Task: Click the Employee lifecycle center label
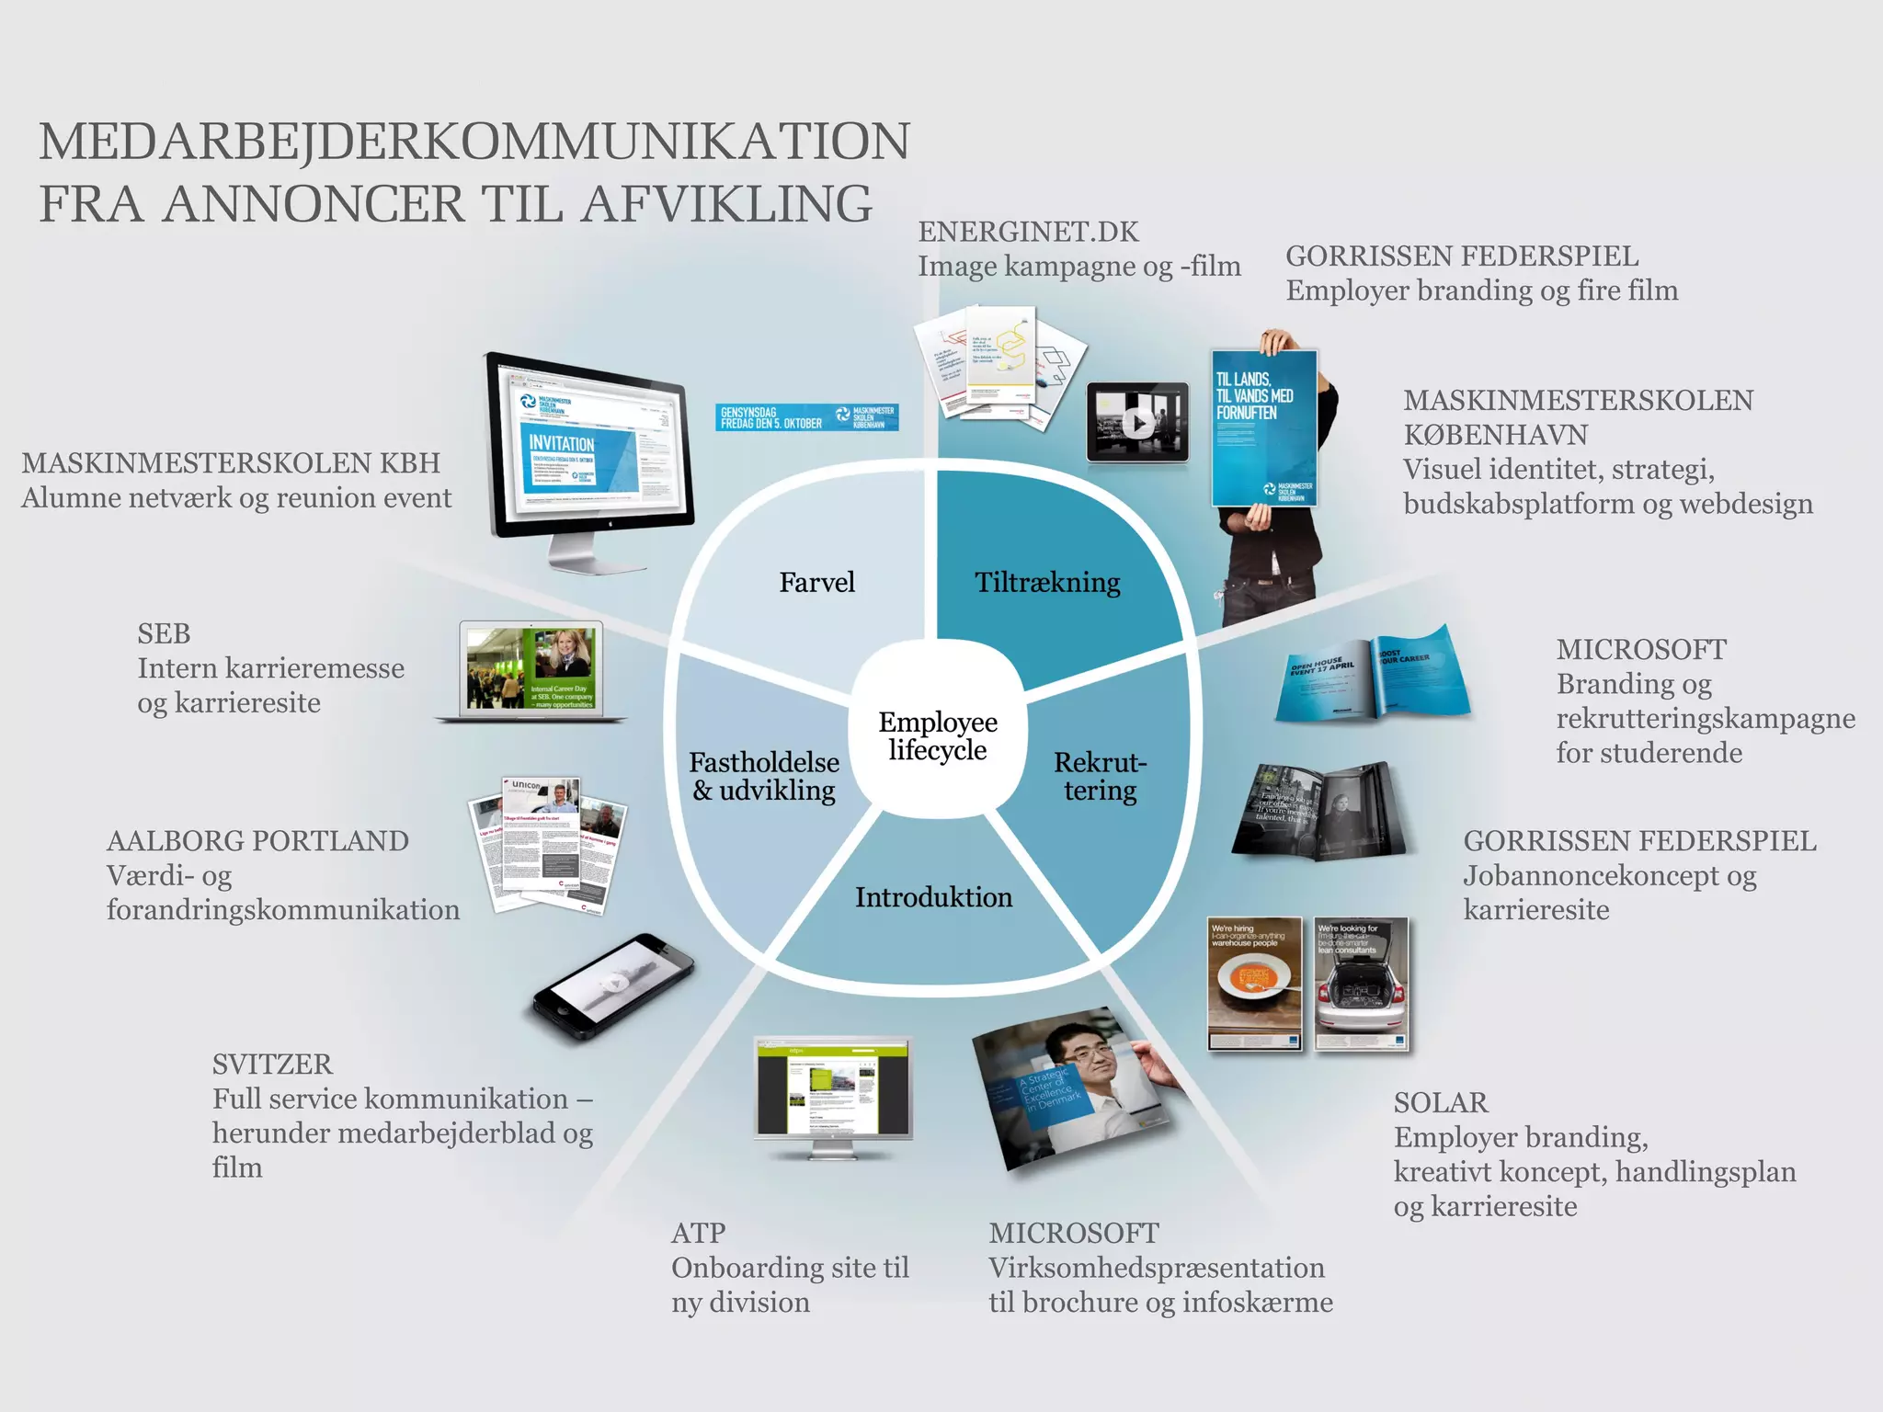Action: click(x=937, y=736)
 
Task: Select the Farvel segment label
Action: click(x=816, y=582)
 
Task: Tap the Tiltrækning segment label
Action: click(x=1047, y=582)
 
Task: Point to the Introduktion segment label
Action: click(x=933, y=897)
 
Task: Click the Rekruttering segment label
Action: click(x=1100, y=776)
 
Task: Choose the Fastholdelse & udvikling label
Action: click(x=764, y=776)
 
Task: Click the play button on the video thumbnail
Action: click(x=1138, y=424)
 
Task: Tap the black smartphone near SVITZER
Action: click(x=614, y=988)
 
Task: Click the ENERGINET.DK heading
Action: click(x=1028, y=232)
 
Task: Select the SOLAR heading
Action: click(x=1440, y=1102)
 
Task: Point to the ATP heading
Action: click(x=698, y=1233)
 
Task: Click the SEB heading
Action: click(x=164, y=633)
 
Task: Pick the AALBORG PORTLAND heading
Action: click(x=257, y=840)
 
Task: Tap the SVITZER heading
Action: click(x=272, y=1064)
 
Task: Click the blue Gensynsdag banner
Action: click(x=806, y=417)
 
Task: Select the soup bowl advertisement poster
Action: click(x=1255, y=983)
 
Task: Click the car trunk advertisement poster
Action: click(x=1361, y=983)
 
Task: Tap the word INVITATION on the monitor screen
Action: click(x=561, y=443)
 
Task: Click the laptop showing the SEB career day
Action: click(x=531, y=669)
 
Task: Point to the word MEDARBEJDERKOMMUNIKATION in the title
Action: click(x=474, y=142)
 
